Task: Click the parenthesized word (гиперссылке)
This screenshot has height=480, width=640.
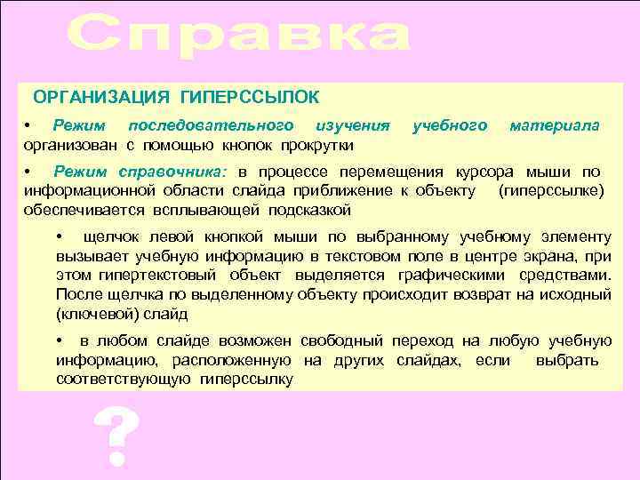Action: coord(552,190)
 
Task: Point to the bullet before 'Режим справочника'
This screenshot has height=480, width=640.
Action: coord(28,171)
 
